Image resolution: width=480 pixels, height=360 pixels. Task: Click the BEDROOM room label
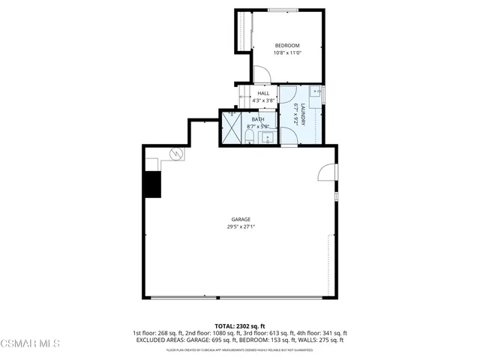point(287,46)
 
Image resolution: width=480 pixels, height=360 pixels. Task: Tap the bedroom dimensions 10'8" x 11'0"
point(287,53)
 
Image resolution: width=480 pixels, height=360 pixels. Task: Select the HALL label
point(263,93)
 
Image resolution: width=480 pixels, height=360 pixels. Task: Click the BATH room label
point(257,119)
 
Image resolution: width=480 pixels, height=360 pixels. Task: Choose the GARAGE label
point(240,220)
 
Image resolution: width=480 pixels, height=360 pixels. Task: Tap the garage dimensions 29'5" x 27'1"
point(240,227)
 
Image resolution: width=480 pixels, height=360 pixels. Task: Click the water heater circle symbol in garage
point(177,154)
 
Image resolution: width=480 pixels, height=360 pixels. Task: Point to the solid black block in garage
point(153,184)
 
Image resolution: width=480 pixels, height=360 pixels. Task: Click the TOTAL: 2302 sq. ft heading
point(239,326)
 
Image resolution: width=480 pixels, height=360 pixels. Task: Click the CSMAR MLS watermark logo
point(30,343)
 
